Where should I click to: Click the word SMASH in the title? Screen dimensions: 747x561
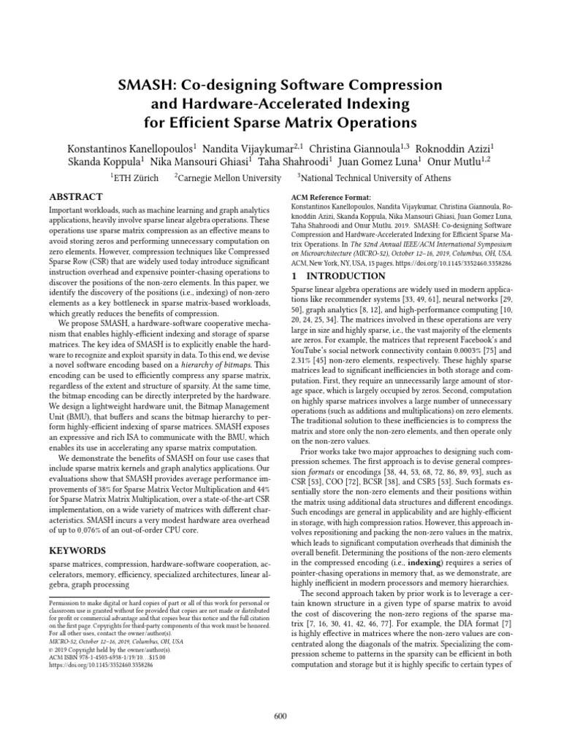145,85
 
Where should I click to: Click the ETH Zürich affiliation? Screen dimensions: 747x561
134,177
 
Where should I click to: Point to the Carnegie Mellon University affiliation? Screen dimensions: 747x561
229,177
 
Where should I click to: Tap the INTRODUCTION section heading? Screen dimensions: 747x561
340,276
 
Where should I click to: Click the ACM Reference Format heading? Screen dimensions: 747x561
331,198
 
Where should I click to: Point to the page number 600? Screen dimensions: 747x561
280,716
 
